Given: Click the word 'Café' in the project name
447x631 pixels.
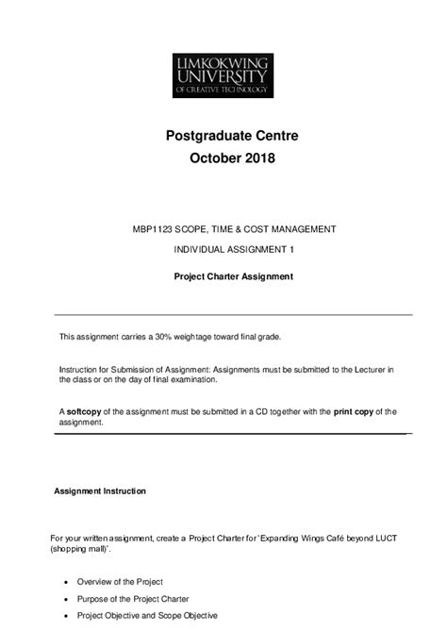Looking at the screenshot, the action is tap(307, 539).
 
